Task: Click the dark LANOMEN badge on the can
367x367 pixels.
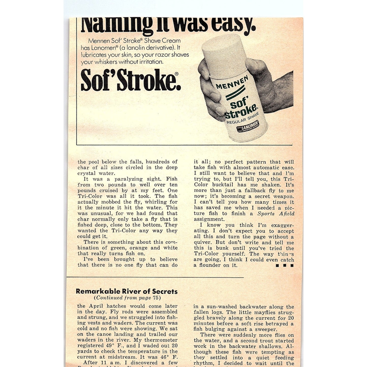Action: (248, 126)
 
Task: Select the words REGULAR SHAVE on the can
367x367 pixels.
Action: (243, 118)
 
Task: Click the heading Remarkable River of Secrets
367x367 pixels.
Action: (126, 291)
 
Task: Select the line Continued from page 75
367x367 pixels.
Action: (127, 298)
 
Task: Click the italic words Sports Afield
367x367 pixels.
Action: (276, 214)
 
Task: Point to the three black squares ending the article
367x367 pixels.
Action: (284, 265)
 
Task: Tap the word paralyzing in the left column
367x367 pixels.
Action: (129, 179)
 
